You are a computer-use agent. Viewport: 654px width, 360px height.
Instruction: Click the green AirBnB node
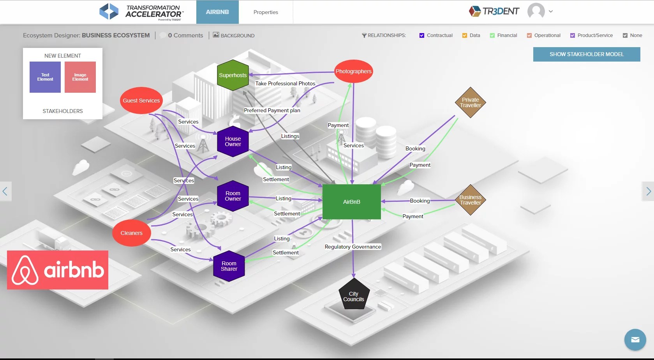click(x=351, y=202)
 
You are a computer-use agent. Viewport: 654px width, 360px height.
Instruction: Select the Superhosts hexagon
click(x=233, y=75)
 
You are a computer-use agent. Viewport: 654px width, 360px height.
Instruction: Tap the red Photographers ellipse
click(x=354, y=71)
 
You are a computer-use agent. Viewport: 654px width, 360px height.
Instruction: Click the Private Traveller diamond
click(x=470, y=102)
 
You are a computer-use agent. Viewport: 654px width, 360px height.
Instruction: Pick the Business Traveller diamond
click(x=470, y=200)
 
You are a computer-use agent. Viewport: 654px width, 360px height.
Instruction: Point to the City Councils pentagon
click(x=354, y=296)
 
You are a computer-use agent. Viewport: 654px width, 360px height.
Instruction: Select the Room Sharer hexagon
click(x=229, y=266)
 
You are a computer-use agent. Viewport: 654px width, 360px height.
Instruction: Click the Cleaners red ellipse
click(x=132, y=233)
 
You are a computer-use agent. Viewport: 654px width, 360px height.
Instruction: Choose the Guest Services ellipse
click(x=141, y=101)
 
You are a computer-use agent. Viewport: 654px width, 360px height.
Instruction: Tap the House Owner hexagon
click(x=233, y=141)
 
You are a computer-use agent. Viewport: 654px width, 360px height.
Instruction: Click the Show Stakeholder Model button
click(x=586, y=54)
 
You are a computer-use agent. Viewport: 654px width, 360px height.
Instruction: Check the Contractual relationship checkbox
click(x=421, y=35)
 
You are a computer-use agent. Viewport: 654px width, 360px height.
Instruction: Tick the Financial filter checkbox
click(x=492, y=35)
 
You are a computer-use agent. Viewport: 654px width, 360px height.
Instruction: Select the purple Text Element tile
click(x=45, y=77)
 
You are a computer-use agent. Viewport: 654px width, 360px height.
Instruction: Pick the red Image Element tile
click(x=80, y=77)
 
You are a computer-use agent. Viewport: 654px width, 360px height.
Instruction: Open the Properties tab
click(x=266, y=12)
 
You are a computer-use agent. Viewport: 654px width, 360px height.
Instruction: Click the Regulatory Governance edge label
click(x=353, y=247)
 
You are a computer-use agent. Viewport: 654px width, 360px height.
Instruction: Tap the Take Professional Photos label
click(x=285, y=83)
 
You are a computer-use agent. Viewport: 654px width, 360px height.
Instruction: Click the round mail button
click(x=635, y=340)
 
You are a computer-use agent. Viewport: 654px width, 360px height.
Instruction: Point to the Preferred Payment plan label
click(x=272, y=110)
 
